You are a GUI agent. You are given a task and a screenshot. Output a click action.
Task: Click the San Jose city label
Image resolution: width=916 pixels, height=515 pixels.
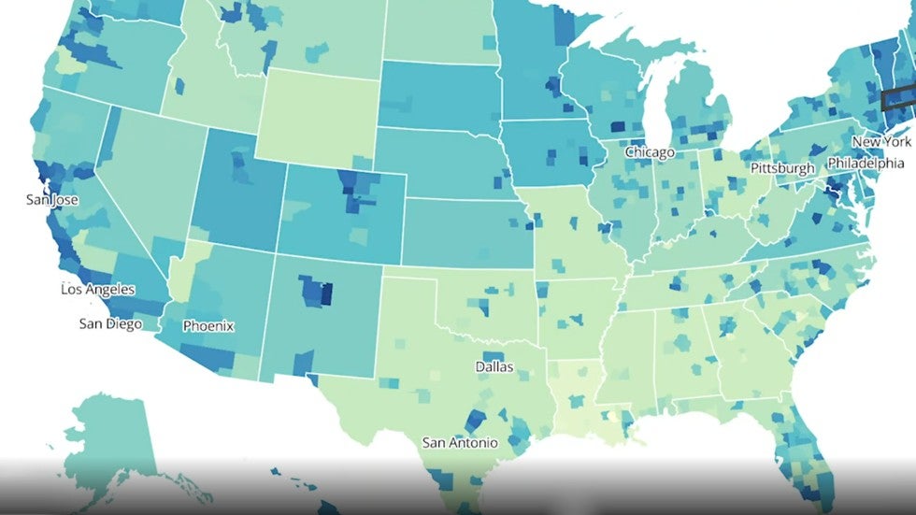pyautogui.click(x=52, y=200)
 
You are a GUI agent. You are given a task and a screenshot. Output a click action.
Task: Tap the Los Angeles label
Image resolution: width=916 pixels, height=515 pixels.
pyautogui.click(x=98, y=289)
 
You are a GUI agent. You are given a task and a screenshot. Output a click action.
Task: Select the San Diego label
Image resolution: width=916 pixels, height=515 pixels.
pyautogui.click(x=110, y=324)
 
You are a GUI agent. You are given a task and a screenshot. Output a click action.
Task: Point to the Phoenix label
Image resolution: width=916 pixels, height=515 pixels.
pyautogui.click(x=208, y=326)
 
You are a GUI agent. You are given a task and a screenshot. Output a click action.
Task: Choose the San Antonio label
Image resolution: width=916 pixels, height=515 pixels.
pyautogui.click(x=460, y=442)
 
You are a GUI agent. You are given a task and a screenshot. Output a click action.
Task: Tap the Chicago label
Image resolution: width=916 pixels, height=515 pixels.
pyautogui.click(x=651, y=151)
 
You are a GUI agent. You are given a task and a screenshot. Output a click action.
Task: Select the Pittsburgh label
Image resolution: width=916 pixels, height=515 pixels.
pyautogui.click(x=783, y=168)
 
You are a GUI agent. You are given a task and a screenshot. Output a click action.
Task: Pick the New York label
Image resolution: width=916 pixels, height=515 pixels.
pyautogui.click(x=880, y=142)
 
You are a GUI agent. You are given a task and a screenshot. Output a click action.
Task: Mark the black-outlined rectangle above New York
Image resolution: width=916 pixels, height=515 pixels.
pyautogui.click(x=899, y=97)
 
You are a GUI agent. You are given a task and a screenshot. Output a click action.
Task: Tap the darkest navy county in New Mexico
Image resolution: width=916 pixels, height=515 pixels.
pyautogui.click(x=326, y=294)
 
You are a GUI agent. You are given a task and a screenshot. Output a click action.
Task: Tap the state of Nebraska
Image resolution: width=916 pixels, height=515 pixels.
pyautogui.click(x=439, y=164)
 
